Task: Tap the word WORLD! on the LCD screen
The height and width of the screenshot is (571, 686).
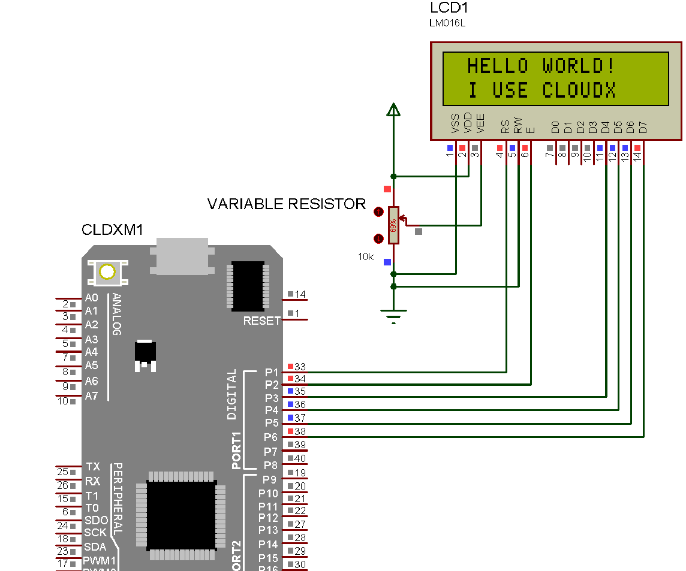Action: [x=579, y=65]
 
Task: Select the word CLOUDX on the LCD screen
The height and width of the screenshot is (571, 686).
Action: [x=579, y=90]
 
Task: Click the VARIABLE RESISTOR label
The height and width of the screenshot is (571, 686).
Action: [x=286, y=204]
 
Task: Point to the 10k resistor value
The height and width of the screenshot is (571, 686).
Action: [x=366, y=256]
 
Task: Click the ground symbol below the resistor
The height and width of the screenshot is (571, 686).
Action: [x=393, y=314]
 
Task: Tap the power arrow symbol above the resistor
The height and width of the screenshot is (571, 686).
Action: [x=393, y=110]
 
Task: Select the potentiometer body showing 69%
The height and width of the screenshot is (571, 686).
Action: [x=393, y=225]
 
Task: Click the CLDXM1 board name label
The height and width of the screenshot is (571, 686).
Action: [x=112, y=230]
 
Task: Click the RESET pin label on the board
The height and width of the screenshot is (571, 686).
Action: [x=261, y=321]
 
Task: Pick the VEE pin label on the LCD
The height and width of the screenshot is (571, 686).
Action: [x=480, y=123]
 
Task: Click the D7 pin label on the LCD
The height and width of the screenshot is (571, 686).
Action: [x=643, y=127]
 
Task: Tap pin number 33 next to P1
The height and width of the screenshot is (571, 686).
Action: [x=300, y=366]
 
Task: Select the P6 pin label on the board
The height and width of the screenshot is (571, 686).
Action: [x=271, y=437]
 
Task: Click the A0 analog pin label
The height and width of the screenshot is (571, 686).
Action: [x=91, y=298]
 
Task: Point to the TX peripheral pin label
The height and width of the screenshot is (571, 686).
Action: [x=92, y=467]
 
